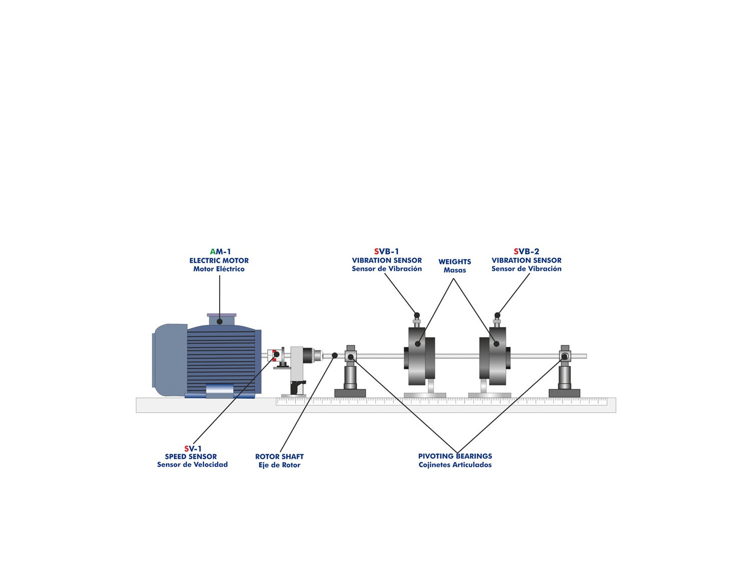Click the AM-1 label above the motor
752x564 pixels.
(220, 252)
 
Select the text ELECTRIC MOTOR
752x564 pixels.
(219, 261)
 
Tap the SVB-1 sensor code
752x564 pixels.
(387, 252)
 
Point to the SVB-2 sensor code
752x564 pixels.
(526, 252)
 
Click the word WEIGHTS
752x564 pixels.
(455, 262)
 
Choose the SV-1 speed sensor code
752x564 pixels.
(193, 449)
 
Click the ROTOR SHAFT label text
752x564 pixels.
(279, 457)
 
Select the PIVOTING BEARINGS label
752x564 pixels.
(455, 456)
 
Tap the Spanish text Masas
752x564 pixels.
(455, 270)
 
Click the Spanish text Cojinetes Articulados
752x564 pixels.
(455, 465)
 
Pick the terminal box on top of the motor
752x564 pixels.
(222, 320)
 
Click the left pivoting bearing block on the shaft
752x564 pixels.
(350, 356)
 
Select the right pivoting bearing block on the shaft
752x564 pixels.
(565, 356)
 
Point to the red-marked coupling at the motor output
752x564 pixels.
(273, 355)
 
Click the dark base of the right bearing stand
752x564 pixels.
(565, 394)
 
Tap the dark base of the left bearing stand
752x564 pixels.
(350, 394)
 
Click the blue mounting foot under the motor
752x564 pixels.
(220, 391)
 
